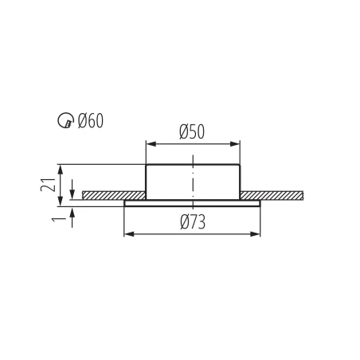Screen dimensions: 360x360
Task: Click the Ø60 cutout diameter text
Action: coord(90,121)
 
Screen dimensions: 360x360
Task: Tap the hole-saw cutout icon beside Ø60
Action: coord(66,121)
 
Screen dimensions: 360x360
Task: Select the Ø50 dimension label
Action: coord(192,132)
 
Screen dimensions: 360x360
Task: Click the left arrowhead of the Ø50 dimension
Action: coord(149,144)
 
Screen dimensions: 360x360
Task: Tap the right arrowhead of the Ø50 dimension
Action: coord(236,144)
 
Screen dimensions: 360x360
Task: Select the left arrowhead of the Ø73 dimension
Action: coord(128,234)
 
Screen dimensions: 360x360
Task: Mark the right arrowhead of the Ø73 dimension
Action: coord(256,234)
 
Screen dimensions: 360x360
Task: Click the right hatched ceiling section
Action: coord(271,195)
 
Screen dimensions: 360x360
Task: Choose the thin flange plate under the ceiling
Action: coord(193,203)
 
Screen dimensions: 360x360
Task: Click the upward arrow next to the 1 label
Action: coord(72,213)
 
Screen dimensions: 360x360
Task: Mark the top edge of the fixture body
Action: coord(193,165)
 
